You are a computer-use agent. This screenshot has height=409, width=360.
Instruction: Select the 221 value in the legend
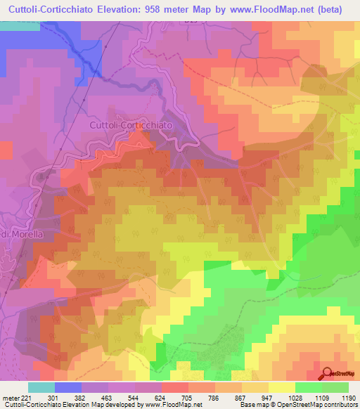click(24, 398)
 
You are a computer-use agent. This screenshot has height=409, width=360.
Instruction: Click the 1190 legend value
click(348, 398)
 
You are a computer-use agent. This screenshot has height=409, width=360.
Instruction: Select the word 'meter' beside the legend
click(9, 398)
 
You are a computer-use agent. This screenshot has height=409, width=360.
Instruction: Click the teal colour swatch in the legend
click(41, 387)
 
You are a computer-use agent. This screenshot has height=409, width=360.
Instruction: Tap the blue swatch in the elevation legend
click(67, 387)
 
